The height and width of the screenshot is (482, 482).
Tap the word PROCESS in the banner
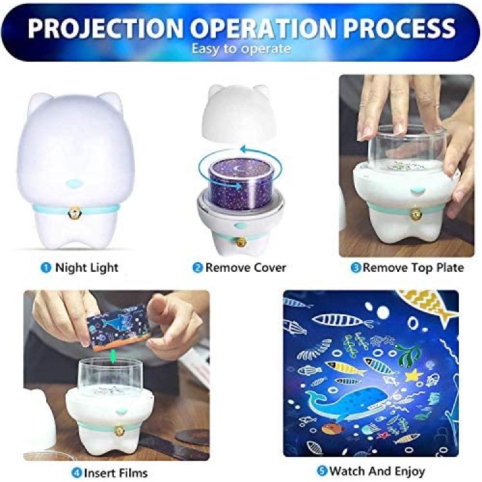[x=399, y=28]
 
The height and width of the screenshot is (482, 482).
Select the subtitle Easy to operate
[x=241, y=49]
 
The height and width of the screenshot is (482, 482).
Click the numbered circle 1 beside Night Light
[x=46, y=267]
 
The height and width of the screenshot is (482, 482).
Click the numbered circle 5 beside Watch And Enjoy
[x=322, y=470]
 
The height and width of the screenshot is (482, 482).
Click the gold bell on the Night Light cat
[x=74, y=211]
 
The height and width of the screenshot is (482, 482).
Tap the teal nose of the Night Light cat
[x=74, y=183]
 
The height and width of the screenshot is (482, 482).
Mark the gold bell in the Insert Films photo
[x=119, y=431]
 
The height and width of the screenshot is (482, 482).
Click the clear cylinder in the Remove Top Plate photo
[x=407, y=147]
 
